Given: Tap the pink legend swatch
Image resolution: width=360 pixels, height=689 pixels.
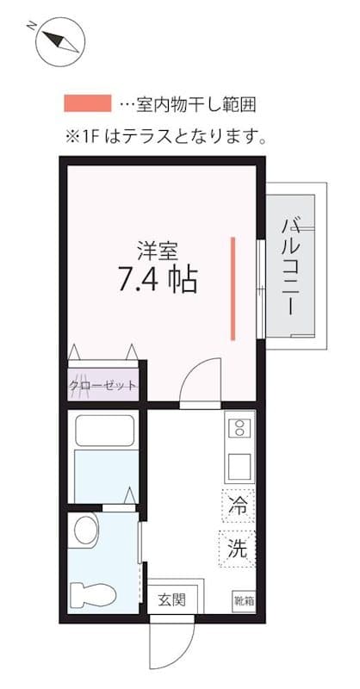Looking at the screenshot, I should [87, 104].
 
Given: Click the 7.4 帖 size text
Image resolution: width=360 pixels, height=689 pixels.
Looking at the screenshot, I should [157, 279].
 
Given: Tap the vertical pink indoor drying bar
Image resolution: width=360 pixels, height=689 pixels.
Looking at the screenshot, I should [233, 288].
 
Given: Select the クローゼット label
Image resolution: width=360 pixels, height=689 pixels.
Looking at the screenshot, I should [103, 385].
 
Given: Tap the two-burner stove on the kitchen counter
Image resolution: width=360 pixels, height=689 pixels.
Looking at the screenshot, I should [239, 427].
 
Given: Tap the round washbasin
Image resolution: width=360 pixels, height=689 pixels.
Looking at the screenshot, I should [86, 531].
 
